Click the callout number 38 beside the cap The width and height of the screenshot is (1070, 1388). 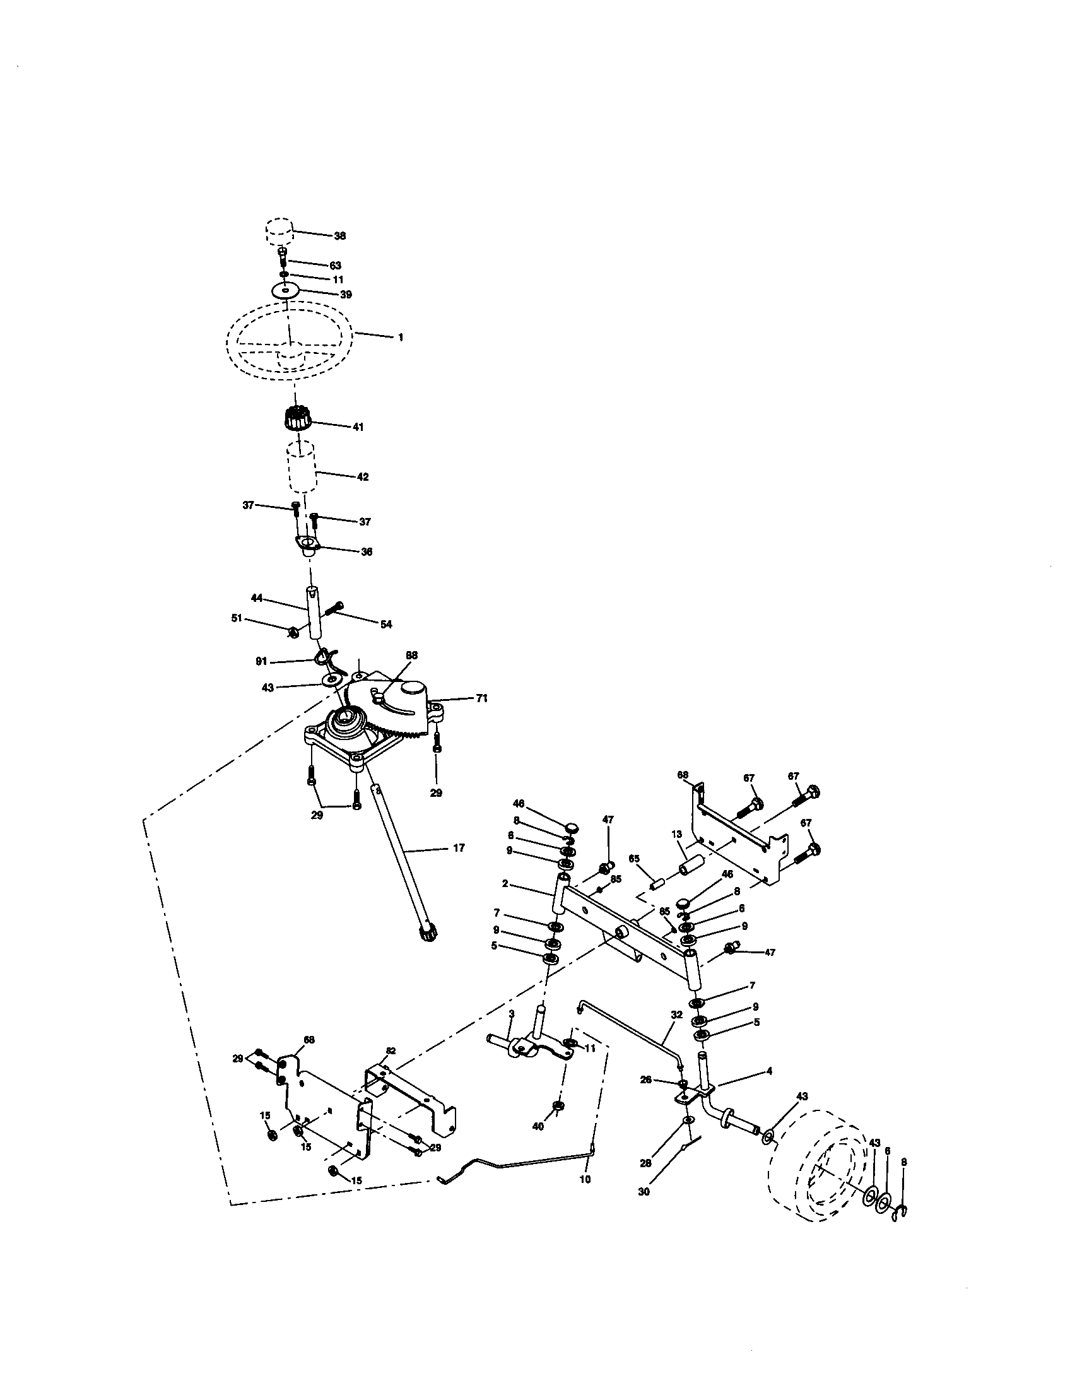click(339, 236)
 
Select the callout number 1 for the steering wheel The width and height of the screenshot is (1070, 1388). click(400, 338)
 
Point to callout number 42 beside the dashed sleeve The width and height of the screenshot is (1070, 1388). click(362, 476)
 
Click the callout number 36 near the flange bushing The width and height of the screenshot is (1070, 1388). click(367, 551)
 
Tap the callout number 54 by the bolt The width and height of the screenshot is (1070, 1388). click(385, 625)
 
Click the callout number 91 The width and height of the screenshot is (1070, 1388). click(261, 662)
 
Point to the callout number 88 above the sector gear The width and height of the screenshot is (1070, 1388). click(412, 655)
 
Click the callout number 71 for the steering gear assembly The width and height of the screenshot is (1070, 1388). click(481, 698)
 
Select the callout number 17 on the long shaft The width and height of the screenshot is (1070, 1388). click(459, 848)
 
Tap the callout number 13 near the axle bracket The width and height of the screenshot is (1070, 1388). click(676, 834)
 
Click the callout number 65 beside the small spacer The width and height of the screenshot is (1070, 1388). click(633, 858)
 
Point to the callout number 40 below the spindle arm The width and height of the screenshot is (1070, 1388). click(538, 1127)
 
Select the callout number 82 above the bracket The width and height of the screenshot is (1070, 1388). click(390, 1051)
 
